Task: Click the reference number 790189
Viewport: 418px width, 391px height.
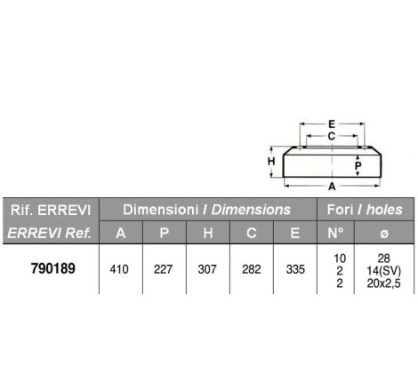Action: (53, 268)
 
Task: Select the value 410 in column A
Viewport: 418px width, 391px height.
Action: (119, 269)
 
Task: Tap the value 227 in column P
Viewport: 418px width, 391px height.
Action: (163, 269)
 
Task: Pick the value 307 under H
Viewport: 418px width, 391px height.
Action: (207, 269)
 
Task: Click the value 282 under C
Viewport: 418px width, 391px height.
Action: (252, 269)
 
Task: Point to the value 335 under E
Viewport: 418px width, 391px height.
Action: (295, 269)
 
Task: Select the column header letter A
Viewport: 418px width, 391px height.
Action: (121, 233)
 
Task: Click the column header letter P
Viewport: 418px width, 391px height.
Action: (165, 233)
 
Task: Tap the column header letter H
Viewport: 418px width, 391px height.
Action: (208, 233)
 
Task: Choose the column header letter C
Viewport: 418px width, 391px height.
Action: (252, 233)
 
